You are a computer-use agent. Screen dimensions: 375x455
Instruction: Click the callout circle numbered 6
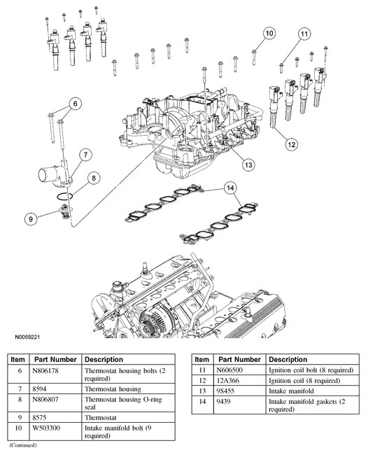click(x=76, y=104)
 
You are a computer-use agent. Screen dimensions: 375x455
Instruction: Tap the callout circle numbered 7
click(x=85, y=155)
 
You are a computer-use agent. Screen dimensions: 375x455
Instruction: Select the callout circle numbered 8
click(x=93, y=178)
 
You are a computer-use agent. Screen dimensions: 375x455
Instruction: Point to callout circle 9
click(x=31, y=218)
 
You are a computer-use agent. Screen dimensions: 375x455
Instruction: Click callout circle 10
click(x=269, y=33)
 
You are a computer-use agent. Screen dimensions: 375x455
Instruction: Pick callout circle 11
click(x=304, y=34)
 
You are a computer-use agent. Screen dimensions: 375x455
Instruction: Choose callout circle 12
click(x=292, y=144)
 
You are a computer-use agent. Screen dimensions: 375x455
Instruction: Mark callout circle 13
click(x=248, y=164)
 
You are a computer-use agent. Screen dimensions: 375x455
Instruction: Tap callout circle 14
click(x=230, y=188)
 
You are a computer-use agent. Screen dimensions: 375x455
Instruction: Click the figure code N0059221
click(x=27, y=337)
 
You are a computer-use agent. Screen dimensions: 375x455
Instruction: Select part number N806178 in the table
click(x=45, y=371)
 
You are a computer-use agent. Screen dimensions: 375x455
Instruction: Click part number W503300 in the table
click(x=46, y=428)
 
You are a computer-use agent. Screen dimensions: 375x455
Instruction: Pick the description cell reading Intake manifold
click(x=291, y=391)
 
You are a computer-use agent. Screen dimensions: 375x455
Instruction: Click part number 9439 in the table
click(x=223, y=402)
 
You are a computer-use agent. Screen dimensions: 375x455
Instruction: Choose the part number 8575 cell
click(x=39, y=418)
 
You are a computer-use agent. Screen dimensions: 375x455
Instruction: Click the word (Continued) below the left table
click(x=23, y=445)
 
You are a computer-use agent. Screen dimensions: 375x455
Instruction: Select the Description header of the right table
click(x=288, y=359)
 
